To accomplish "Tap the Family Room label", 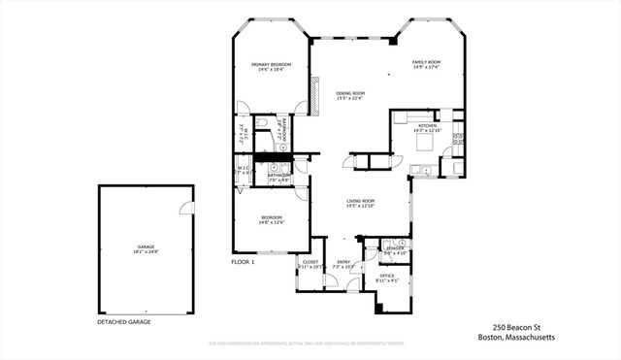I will pyautogui.click(x=426, y=61).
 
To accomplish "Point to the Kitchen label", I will pyautogui.click(x=428, y=125).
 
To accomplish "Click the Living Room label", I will pyautogui.click(x=361, y=200).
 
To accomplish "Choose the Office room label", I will pyautogui.click(x=387, y=276).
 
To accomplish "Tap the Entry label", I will pyautogui.click(x=343, y=261).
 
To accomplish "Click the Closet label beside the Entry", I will pyautogui.click(x=310, y=261).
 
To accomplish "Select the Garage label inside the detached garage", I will pyautogui.click(x=146, y=246).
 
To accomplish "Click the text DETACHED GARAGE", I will pyautogui.click(x=125, y=321).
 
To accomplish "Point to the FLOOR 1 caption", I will pyautogui.click(x=243, y=262).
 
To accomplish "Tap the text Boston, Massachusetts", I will pyautogui.click(x=516, y=338).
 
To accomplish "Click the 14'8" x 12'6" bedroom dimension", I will pyautogui.click(x=271, y=222).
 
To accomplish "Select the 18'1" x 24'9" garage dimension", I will pyautogui.click(x=146, y=252).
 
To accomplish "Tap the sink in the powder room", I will pyautogui.click(x=387, y=244).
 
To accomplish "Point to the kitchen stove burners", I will pyautogui.click(x=457, y=138).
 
